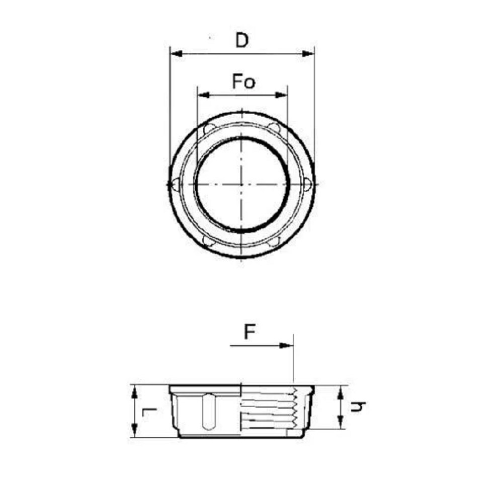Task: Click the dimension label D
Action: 242,40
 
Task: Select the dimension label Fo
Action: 243,82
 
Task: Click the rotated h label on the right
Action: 358,407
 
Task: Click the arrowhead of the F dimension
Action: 287,346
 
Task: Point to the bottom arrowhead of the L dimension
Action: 134,431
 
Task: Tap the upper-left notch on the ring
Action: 209,129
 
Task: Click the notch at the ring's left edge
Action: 174,185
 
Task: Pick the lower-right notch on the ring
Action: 274,242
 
